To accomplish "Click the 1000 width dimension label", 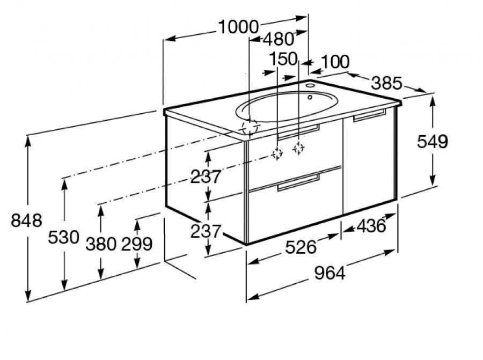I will tap(239, 26).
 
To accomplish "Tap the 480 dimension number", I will tap(278, 39).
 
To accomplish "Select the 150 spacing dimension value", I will tap(283, 59).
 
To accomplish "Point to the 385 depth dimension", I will tap(386, 83).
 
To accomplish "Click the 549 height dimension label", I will tap(432, 141).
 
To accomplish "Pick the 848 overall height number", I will tap(26, 220).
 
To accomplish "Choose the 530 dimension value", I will tap(64, 237).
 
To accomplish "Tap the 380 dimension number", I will tap(101, 244).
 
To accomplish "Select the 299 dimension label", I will tap(137, 244).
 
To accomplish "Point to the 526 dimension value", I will tap(301, 247).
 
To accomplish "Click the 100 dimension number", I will tap(336, 62).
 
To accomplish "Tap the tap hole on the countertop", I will tap(311, 85).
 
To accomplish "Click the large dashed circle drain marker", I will tap(250, 128).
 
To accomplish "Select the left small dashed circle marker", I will tap(277, 153).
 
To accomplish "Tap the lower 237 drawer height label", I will tap(206, 231).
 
